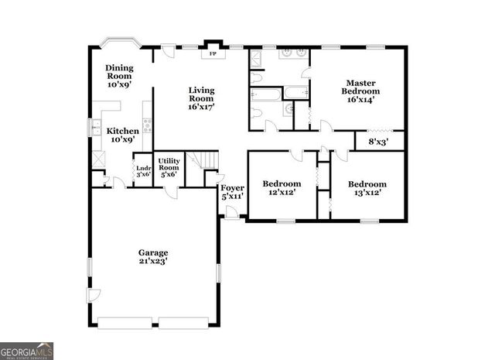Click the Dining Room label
tap(119, 76)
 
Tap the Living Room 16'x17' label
tap(201, 98)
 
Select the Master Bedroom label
tap(361, 91)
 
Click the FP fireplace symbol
tap(212, 54)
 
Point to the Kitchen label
tap(122, 135)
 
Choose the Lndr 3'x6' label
tap(143, 171)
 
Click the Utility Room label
tap(169, 168)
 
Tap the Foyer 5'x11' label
tap(232, 192)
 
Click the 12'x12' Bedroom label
tap(281, 187)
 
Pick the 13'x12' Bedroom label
tap(367, 187)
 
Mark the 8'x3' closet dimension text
tap(378, 142)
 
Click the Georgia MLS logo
tap(27, 351)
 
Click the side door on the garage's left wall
tap(93, 295)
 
